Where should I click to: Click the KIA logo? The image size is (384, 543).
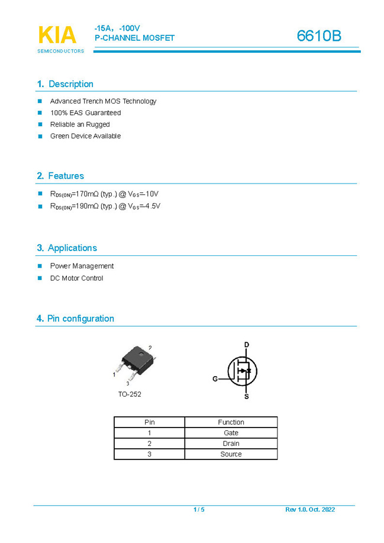click(x=57, y=36)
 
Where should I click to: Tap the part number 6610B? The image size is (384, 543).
click(x=319, y=36)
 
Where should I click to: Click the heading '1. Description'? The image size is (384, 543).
click(x=65, y=84)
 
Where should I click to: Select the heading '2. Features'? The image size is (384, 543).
click(x=60, y=176)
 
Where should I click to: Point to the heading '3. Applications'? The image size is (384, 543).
click(x=67, y=248)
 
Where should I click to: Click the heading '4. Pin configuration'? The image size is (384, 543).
click(x=75, y=319)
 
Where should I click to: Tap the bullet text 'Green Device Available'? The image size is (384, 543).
click(x=85, y=136)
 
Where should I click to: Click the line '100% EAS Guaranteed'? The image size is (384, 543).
click(x=85, y=113)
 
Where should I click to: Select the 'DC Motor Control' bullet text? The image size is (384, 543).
click(x=76, y=278)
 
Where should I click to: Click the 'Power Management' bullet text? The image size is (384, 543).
click(x=82, y=266)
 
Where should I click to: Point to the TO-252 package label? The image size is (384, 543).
click(x=130, y=394)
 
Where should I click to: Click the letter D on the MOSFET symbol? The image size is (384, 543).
click(x=247, y=345)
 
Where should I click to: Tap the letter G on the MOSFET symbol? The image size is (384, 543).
click(x=215, y=378)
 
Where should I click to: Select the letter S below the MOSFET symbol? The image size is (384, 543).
click(x=247, y=396)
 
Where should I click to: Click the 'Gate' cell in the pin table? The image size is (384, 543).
click(x=231, y=433)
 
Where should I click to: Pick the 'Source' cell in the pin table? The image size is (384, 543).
click(x=231, y=454)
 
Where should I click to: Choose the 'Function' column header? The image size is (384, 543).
click(x=231, y=422)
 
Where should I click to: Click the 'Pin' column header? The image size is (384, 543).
click(x=150, y=422)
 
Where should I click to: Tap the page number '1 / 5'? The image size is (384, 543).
click(x=199, y=510)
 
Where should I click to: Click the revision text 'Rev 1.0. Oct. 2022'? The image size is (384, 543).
click(x=310, y=510)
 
